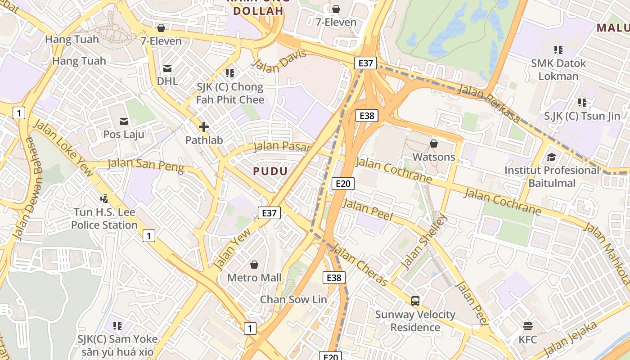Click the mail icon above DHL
(167, 68)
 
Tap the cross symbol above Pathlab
(204, 127)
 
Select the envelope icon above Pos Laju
(124, 121)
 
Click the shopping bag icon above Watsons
(434, 144)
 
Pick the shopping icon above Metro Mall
(254, 265)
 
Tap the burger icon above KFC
(528, 326)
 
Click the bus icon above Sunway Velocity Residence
(415, 301)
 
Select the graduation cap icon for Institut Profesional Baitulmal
(551, 157)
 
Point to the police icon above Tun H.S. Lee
(104, 198)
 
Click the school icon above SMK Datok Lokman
(558, 50)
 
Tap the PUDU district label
(270, 171)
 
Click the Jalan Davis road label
(279, 61)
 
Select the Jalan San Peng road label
(146, 165)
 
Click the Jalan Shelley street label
(424, 242)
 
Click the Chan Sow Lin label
(293, 299)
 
